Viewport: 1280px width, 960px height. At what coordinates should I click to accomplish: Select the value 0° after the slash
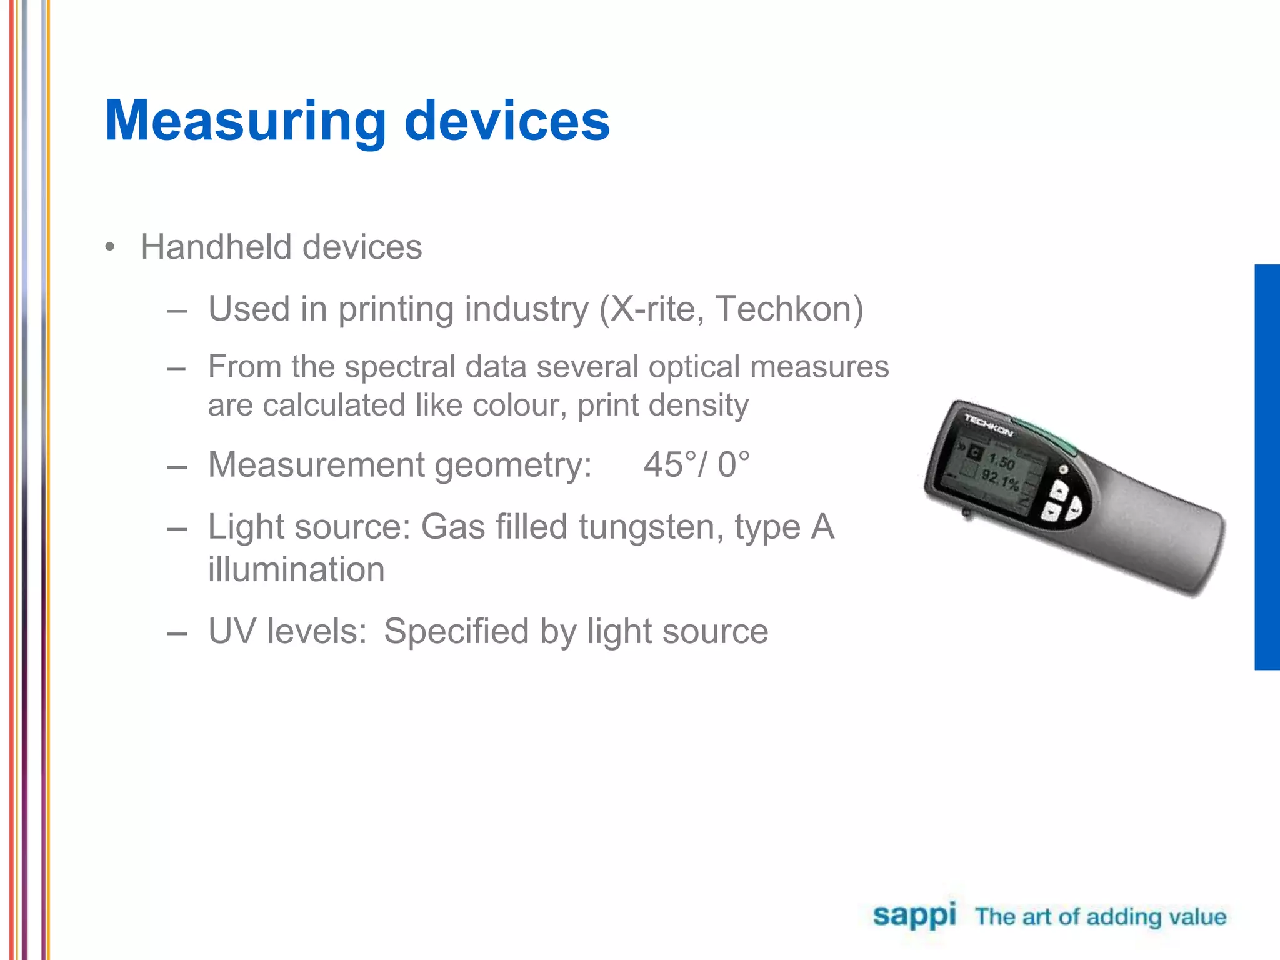click(x=733, y=465)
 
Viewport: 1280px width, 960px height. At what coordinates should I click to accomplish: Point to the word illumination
click(x=296, y=569)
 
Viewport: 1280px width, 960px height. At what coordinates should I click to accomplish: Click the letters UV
click(x=232, y=631)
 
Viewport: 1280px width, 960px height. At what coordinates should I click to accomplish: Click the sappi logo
click(x=914, y=916)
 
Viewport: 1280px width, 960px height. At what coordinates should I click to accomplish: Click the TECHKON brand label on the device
click(x=987, y=425)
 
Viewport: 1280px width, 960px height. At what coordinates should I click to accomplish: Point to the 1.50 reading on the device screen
click(x=1001, y=462)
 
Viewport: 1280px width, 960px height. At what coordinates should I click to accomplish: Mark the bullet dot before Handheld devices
click(x=111, y=247)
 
